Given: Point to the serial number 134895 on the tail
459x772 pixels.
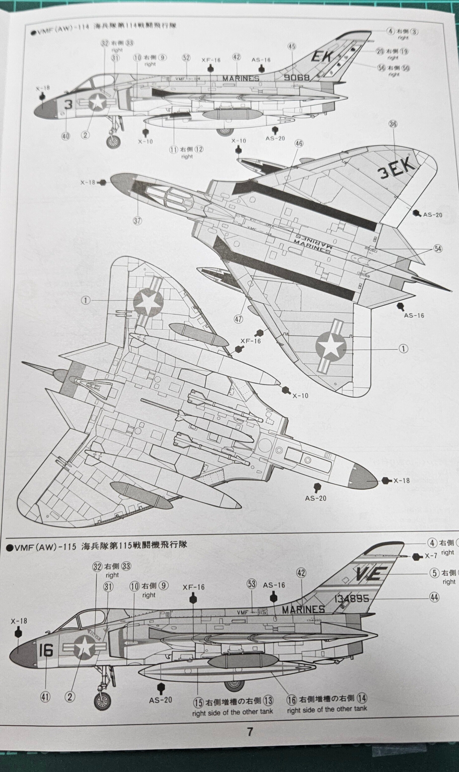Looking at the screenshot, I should [x=352, y=599].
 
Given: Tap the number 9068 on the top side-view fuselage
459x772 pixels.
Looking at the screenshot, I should [x=297, y=77].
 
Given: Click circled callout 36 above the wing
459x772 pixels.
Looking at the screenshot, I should [x=393, y=124].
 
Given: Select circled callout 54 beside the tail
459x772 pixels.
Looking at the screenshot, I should [x=438, y=249].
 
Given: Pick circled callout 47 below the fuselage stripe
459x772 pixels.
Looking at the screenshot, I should [x=238, y=319].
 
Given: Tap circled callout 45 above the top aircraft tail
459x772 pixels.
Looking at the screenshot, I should [x=292, y=46].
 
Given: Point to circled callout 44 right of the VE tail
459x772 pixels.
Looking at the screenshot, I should [x=434, y=597].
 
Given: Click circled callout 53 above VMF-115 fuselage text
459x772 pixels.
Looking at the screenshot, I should [x=252, y=584].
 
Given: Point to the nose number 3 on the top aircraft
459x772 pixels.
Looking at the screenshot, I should [x=68, y=105].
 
